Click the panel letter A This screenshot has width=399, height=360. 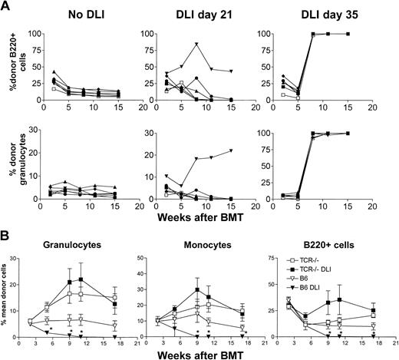(x=6, y=7)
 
